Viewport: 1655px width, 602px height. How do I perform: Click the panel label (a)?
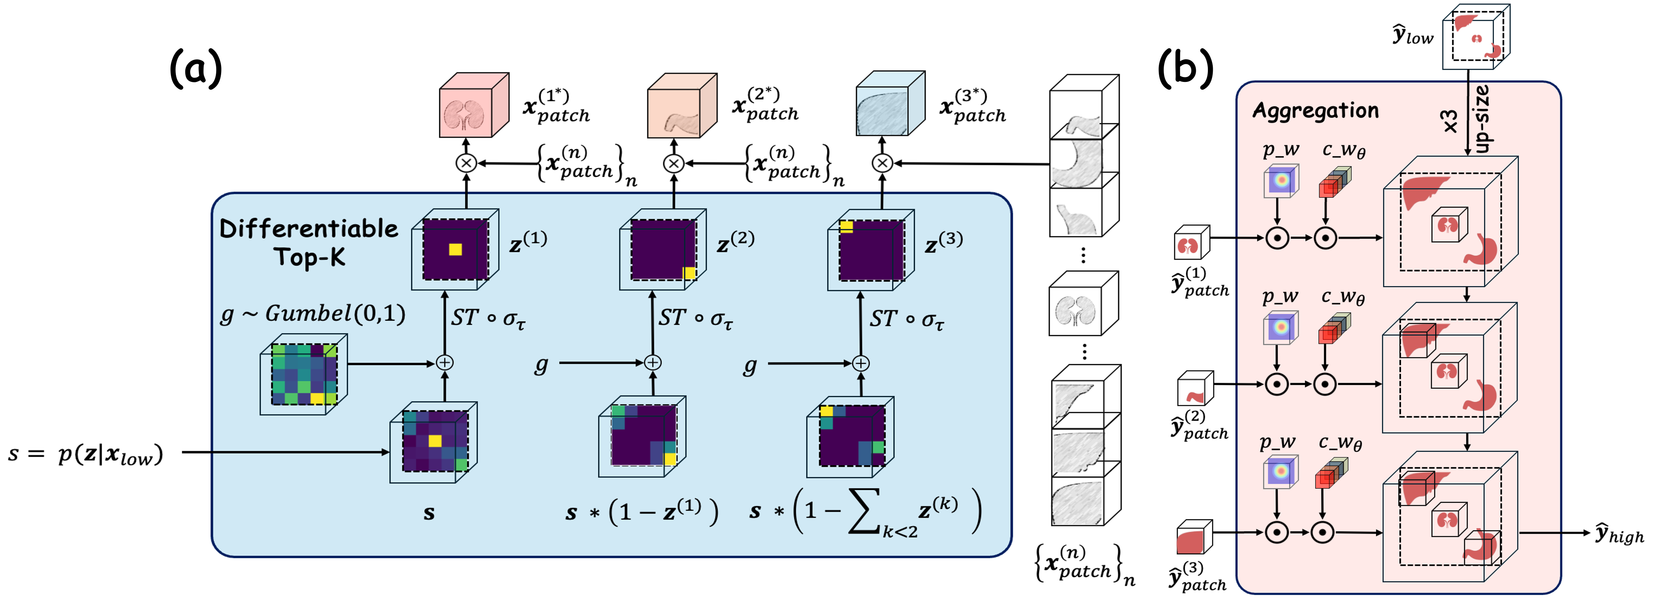click(195, 69)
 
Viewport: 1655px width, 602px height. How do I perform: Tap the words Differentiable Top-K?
click(309, 242)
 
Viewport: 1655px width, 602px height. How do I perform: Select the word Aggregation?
click(1315, 111)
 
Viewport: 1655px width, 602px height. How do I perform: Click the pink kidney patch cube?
click(472, 106)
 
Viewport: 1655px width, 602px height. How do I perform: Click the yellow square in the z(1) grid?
click(455, 249)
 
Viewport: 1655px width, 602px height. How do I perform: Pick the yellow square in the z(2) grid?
click(689, 273)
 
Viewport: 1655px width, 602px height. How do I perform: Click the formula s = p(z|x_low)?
click(85, 454)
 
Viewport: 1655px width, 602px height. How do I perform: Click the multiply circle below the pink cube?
click(466, 163)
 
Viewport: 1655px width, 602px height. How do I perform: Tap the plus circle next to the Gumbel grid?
click(445, 363)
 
